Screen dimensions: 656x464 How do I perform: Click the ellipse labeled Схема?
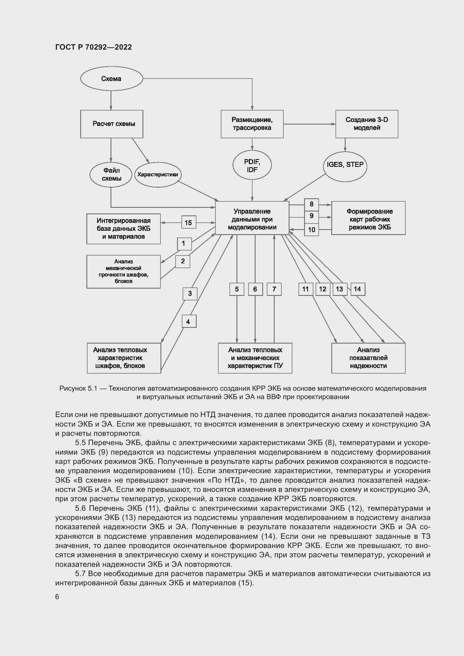[x=111, y=79]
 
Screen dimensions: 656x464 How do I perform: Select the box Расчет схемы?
[x=112, y=124]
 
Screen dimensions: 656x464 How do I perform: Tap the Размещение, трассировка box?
[x=252, y=124]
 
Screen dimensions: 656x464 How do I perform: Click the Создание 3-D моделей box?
[x=367, y=124]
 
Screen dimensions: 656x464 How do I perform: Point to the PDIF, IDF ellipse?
[x=252, y=165]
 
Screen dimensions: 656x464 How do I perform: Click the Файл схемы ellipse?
[x=111, y=174]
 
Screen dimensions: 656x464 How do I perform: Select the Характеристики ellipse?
[x=158, y=174]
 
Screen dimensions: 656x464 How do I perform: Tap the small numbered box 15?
[x=189, y=222]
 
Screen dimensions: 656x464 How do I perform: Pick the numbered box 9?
[x=311, y=216]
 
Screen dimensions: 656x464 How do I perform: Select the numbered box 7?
[x=274, y=289]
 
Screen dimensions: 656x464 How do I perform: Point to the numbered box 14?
[x=358, y=289]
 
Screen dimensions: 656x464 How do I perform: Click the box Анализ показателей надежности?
[x=368, y=358]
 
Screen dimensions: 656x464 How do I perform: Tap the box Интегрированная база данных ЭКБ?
[x=123, y=229]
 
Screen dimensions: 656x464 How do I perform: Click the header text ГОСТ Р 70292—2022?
[x=93, y=47]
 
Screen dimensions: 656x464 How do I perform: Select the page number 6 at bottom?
[x=57, y=597]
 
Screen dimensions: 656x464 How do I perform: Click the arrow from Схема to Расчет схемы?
[x=111, y=100]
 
